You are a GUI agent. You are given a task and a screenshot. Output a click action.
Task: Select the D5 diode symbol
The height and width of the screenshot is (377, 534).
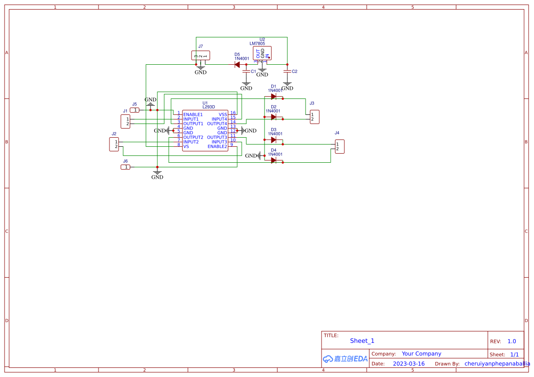tap(237, 65)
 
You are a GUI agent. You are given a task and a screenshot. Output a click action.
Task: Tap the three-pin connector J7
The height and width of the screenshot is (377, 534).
tap(201, 55)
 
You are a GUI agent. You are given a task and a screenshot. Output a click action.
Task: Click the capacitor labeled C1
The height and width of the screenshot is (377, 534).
tap(246, 72)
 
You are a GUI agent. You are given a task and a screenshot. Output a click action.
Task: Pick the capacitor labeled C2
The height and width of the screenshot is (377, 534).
tap(287, 72)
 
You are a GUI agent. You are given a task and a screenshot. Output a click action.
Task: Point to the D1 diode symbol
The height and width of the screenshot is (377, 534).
tap(274, 96)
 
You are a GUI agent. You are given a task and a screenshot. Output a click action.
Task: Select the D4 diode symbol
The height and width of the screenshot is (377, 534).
tap(274, 160)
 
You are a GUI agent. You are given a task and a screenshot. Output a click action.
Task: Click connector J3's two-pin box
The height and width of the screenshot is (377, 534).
tap(314, 117)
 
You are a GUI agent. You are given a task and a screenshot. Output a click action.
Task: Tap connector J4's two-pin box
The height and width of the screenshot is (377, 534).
tap(339, 146)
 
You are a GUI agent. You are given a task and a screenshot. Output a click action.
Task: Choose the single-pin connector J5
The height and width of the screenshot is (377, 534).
tap(135, 110)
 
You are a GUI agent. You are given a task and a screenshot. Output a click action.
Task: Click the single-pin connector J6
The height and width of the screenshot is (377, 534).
tap(125, 167)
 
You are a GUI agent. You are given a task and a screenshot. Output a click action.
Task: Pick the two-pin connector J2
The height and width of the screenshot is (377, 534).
tap(114, 144)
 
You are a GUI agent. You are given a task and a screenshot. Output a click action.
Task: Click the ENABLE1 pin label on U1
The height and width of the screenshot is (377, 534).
tap(193, 114)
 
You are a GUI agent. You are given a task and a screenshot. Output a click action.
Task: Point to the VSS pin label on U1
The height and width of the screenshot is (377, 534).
tap(223, 114)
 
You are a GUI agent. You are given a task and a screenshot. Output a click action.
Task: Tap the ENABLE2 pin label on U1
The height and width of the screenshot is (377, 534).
tap(217, 146)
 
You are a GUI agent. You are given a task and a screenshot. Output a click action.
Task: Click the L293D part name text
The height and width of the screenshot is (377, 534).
tap(208, 107)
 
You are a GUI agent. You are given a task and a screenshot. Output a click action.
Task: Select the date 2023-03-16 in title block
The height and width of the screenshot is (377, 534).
tap(409, 364)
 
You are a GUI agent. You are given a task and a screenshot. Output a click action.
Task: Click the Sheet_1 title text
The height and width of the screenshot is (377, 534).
tap(362, 341)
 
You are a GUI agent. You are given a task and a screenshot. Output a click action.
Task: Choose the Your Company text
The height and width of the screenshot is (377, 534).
tap(421, 354)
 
